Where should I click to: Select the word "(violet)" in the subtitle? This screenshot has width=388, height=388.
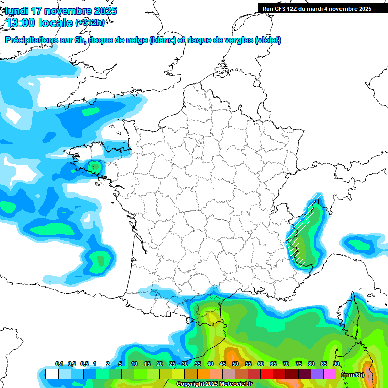tap(268, 40)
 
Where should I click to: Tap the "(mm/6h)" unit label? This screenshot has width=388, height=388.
tap(352, 374)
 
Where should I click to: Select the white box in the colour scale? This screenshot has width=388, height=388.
tap(52, 374)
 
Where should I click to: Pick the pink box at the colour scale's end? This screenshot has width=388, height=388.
tap(330, 374)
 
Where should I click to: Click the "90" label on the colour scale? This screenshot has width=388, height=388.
tap(336, 364)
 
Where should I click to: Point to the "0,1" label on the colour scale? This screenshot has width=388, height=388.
tap(59, 364)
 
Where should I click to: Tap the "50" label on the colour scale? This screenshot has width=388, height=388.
tap(235, 364)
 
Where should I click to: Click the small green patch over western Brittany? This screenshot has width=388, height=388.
tap(93, 166)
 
